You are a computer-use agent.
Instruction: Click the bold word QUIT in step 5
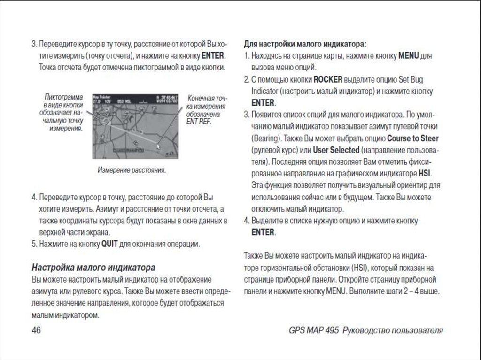point(109,244)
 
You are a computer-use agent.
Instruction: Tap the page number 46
point(36,330)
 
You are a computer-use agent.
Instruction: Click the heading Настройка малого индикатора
point(93,268)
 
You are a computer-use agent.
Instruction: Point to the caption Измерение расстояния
point(132,169)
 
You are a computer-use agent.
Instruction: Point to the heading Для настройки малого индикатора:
point(305,44)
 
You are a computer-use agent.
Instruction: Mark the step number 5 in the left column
point(34,244)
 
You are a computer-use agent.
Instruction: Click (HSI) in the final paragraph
point(359,268)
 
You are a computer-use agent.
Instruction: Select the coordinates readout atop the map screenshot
point(167,100)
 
